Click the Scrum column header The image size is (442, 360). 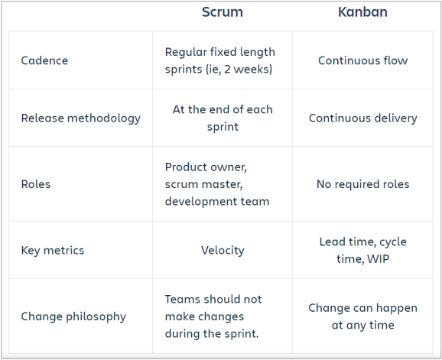222,12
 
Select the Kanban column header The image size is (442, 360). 362,12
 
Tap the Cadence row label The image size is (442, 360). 44,60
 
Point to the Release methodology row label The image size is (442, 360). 81,118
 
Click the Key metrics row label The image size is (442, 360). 53,250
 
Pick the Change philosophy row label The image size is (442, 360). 73,316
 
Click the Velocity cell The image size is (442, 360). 222,250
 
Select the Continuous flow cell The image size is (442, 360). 362,60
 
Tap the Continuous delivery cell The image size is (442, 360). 362,118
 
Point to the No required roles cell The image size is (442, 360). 362,184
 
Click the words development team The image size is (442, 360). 217,202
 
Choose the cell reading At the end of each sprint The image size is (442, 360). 222,118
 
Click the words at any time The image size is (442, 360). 362,325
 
